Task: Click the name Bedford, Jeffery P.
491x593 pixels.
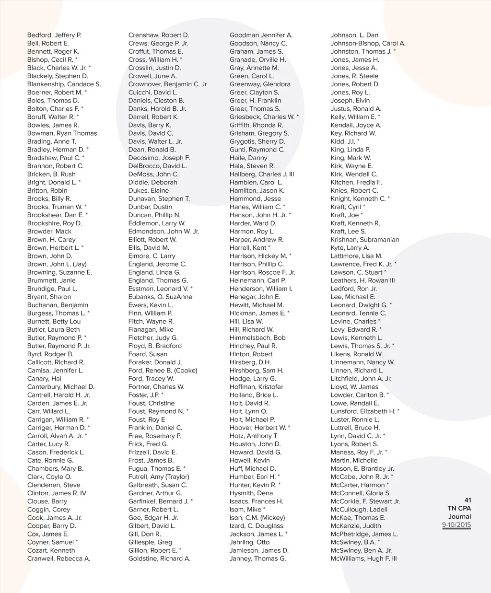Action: tap(54, 35)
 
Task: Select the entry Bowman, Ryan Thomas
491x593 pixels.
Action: tap(62, 133)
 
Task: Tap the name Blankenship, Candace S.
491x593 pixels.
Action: tap(64, 84)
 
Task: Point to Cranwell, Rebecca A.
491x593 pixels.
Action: tap(58, 558)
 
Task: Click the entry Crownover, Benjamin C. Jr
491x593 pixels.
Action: tap(167, 84)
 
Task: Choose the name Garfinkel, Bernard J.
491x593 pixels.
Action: tap(160, 501)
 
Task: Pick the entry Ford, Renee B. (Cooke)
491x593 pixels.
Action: tap(163, 371)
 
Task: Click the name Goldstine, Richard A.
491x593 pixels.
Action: tap(159, 558)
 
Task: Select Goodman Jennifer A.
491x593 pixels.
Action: tap(261, 35)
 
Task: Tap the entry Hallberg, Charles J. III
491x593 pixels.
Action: tap(262, 174)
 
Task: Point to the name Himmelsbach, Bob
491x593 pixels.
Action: tap(257, 338)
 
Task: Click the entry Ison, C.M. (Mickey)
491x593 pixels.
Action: tap(257, 518)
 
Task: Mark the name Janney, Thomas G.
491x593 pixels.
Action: tap(257, 558)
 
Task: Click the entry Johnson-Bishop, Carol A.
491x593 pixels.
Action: tap(368, 43)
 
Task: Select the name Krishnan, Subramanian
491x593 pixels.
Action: tap(364, 240)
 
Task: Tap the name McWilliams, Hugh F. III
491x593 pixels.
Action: tap(363, 558)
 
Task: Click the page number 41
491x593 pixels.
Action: tap(468, 500)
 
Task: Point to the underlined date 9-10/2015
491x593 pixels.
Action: tap(456, 525)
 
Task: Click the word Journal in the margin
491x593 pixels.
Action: tap(459, 517)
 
